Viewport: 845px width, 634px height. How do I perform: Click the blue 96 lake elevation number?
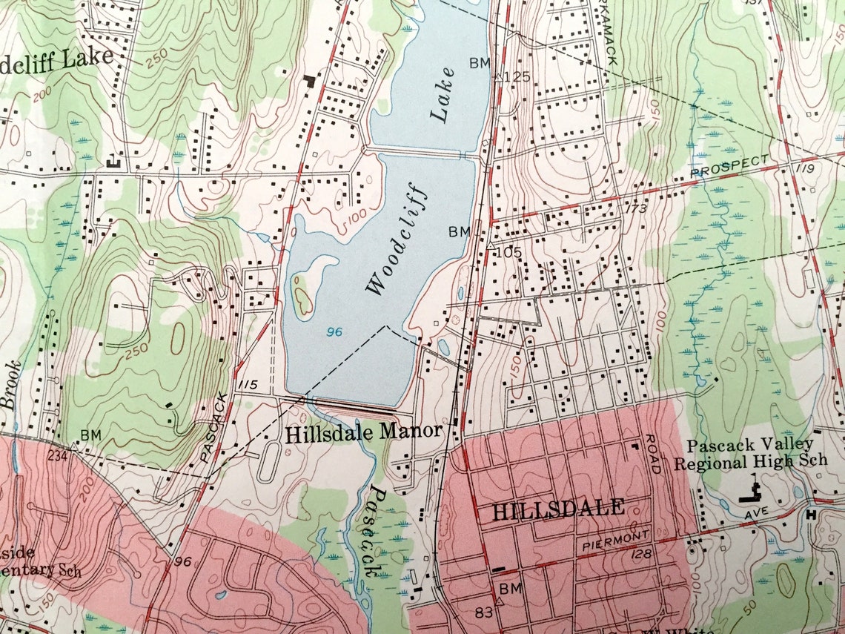(334, 331)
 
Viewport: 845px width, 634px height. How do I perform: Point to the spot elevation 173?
(636, 209)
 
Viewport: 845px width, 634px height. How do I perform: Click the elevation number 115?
(248, 385)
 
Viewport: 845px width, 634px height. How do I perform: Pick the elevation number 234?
(57, 455)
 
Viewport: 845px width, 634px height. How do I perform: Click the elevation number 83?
(485, 612)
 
